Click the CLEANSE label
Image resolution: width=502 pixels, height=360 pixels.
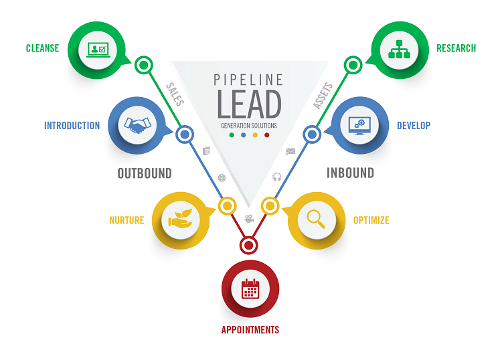click(42, 48)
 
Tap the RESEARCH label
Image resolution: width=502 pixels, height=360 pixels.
click(456, 48)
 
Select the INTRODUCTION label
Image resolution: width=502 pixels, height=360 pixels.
click(72, 126)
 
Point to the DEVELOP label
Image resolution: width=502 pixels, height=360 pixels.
click(414, 126)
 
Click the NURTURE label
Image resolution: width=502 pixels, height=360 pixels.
click(127, 220)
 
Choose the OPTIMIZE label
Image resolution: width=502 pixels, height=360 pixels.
click(371, 220)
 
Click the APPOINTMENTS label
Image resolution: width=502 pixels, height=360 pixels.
click(250, 330)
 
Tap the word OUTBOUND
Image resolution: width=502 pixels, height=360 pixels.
click(145, 173)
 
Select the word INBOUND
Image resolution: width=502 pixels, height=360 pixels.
click(350, 173)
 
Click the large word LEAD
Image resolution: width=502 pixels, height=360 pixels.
click(249, 104)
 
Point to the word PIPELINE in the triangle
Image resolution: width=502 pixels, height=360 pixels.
click(248, 80)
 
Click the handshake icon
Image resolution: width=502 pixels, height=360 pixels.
click(137, 125)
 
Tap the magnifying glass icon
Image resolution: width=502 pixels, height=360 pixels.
click(316, 219)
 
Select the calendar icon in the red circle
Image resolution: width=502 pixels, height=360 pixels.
click(250, 288)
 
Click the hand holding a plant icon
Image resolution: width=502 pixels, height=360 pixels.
click(181, 219)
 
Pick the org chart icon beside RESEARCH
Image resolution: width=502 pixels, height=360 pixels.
click(399, 49)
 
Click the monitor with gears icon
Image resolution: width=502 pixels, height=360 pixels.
click(359, 125)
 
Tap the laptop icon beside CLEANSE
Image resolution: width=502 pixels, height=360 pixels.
click(98, 49)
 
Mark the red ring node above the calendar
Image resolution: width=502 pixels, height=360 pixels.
click(249, 245)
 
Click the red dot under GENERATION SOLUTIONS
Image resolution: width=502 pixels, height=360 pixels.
click(267, 135)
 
